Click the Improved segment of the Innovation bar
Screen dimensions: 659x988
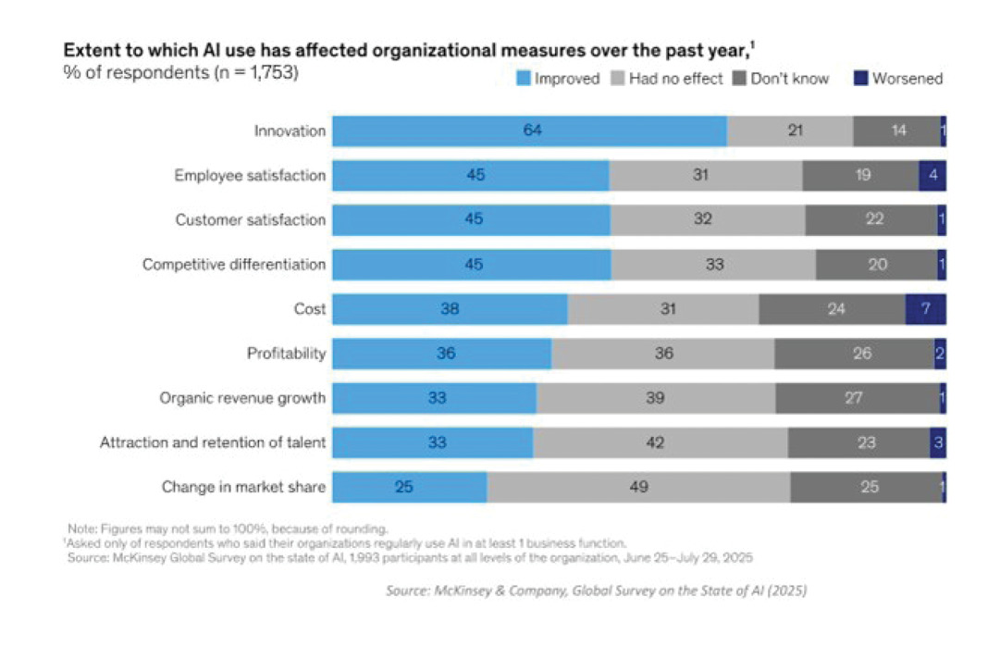529,131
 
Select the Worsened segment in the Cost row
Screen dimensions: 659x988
925,309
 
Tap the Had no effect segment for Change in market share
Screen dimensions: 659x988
638,487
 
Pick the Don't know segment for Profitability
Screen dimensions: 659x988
854,354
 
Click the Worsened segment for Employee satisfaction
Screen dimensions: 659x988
932,176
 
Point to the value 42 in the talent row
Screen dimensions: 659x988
655,442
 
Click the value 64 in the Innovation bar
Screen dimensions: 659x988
531,131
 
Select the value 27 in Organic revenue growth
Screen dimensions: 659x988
854,398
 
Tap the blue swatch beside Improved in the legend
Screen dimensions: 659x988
523,79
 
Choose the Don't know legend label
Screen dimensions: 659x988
789,79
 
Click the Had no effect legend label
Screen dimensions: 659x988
675,79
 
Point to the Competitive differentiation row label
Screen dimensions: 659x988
234,265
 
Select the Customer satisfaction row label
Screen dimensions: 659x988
251,220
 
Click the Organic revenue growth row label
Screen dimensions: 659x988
242,398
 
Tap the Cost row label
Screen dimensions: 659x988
310,309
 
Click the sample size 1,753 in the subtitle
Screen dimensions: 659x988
268,73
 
